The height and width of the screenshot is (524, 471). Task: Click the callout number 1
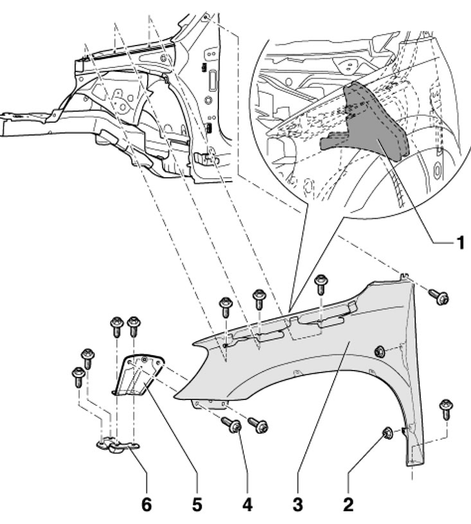tap(460, 242)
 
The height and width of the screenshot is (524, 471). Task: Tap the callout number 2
tap(348, 504)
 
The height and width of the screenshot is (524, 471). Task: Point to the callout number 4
tap(247, 504)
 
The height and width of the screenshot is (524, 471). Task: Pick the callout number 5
tap(197, 504)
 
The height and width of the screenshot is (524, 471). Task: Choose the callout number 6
tap(147, 504)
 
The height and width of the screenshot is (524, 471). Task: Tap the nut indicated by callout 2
tap(388, 432)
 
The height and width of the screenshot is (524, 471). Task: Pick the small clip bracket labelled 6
tap(118, 444)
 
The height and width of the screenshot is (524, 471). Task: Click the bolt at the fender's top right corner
tap(439, 296)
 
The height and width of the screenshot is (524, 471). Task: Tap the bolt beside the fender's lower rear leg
tap(447, 408)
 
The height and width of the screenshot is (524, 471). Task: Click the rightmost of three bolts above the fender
tap(321, 284)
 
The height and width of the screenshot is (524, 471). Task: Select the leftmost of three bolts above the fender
tap(226, 307)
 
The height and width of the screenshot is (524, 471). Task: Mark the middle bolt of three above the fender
tap(259, 299)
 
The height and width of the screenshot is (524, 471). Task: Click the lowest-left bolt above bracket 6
tap(78, 376)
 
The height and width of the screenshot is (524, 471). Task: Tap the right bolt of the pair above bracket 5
tap(134, 326)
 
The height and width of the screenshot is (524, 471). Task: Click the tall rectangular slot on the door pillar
tap(212, 80)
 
